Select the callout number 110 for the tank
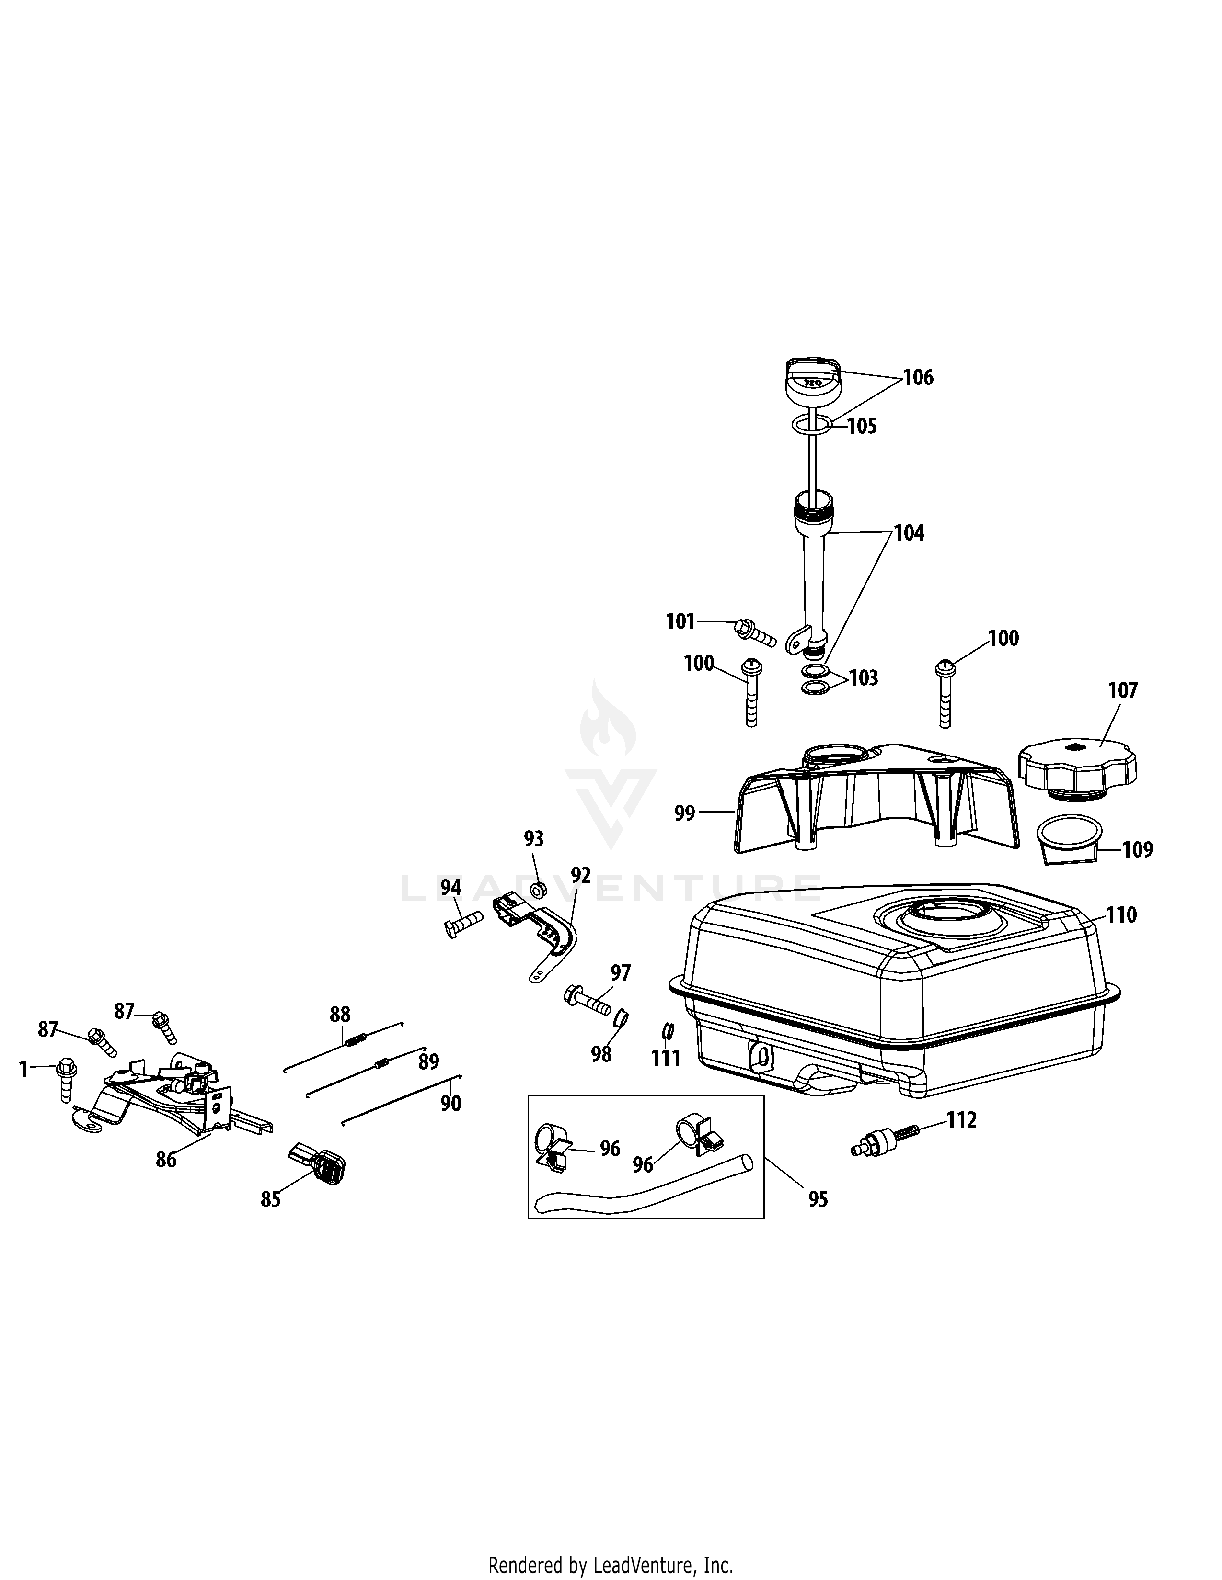tap(1121, 915)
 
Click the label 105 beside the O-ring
tap(862, 426)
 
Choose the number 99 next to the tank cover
tap(684, 814)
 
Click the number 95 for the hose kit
tap(818, 1199)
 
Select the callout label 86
tap(166, 1160)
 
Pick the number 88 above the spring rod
tap(340, 1014)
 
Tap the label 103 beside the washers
tap(863, 678)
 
